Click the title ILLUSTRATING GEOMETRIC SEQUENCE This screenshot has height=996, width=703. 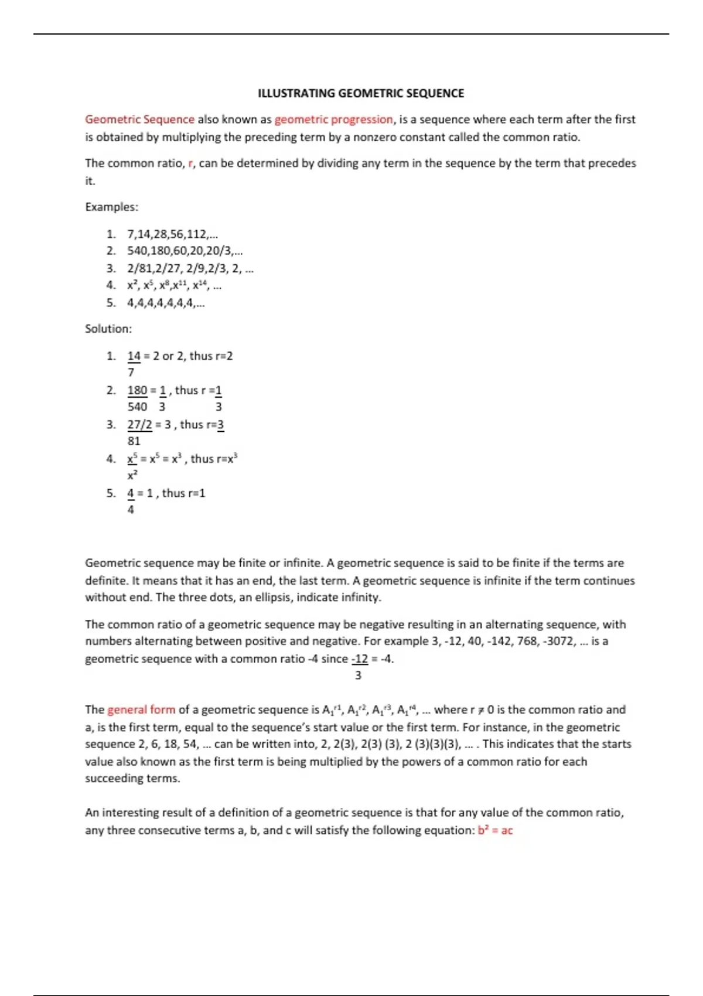click(361, 93)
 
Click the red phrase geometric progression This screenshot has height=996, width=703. click(334, 120)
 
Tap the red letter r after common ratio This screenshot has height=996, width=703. click(190, 163)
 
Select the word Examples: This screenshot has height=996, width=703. click(111, 207)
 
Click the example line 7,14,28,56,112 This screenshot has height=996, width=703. click(172, 234)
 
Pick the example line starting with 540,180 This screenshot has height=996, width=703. click(185, 251)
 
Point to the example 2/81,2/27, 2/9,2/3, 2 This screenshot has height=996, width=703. click(190, 269)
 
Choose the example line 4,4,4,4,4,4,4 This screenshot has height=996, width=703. click(166, 303)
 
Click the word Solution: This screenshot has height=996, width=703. click(108, 329)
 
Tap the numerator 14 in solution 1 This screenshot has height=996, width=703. click(134, 356)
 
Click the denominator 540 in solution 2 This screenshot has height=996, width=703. click(137, 407)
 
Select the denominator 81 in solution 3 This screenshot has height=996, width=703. click(134, 441)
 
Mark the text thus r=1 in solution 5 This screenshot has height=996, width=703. click(183, 493)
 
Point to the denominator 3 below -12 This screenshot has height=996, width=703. click(358, 676)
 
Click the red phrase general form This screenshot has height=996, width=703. click(141, 710)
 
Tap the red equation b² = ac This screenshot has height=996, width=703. click(495, 830)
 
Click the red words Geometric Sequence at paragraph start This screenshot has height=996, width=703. click(139, 120)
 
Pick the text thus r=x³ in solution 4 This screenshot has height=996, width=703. click(214, 459)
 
